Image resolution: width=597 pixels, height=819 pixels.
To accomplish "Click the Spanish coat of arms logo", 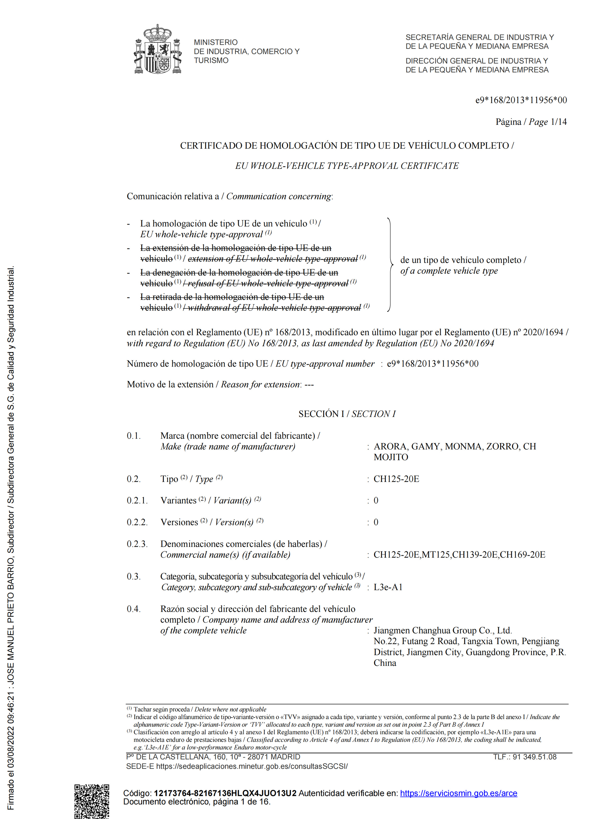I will pyautogui.click(x=158, y=50).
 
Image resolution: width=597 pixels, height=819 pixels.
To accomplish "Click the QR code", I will pyautogui.click(x=92, y=801).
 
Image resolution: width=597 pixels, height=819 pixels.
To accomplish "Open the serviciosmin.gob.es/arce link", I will pyautogui.click(x=458, y=793).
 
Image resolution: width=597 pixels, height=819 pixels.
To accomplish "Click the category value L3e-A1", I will pyautogui.click(x=388, y=587).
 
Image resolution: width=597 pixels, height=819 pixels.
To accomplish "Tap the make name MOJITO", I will pyautogui.click(x=391, y=457).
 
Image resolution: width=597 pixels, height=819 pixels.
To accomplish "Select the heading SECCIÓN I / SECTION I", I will pyautogui.click(x=347, y=414).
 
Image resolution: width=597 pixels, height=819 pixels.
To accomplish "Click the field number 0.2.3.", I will pyautogui.click(x=137, y=544).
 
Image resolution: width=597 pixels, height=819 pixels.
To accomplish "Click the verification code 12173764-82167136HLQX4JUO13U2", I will pyautogui.click(x=225, y=793).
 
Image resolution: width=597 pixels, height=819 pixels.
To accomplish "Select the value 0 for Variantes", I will pyautogui.click(x=376, y=501).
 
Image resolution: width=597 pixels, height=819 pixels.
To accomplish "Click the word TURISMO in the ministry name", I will pyautogui.click(x=211, y=61).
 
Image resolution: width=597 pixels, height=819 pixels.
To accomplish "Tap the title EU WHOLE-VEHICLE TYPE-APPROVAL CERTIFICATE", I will pyautogui.click(x=347, y=166).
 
